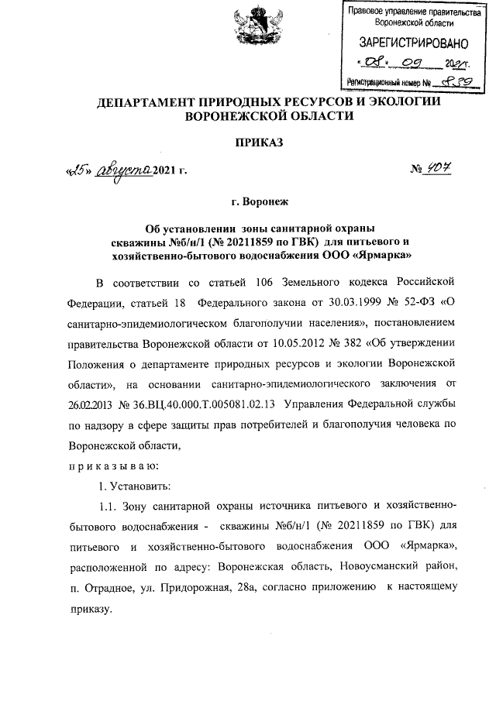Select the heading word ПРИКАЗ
point(247,143)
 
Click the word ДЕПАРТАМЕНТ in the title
point(148,102)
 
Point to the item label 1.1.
point(107,507)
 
